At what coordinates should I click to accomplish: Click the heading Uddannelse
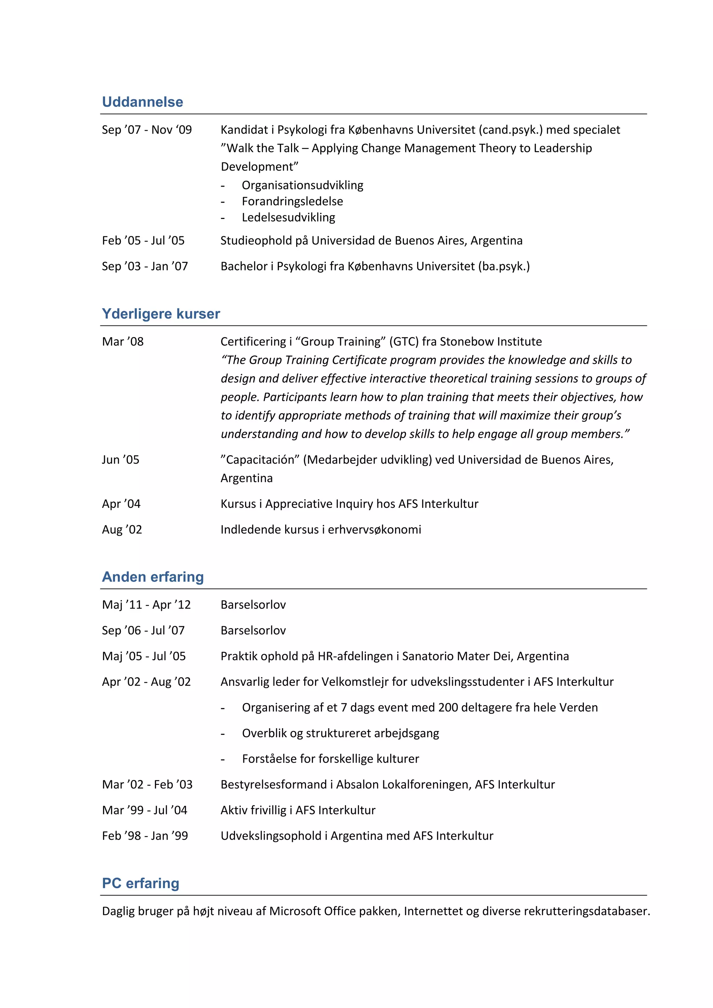(x=142, y=102)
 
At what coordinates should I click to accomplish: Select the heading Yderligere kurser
(x=161, y=314)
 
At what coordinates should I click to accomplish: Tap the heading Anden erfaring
(x=153, y=577)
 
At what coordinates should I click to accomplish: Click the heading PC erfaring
(x=141, y=883)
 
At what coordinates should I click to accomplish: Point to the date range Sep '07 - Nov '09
(x=147, y=130)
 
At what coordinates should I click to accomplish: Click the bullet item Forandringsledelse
(x=292, y=202)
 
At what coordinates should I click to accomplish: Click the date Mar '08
(x=123, y=341)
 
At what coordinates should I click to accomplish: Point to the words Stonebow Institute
(x=491, y=341)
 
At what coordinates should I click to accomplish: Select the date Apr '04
(x=121, y=504)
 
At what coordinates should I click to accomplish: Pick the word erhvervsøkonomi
(x=375, y=529)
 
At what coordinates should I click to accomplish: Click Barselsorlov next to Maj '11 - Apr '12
(x=253, y=605)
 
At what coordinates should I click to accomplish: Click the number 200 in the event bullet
(x=448, y=708)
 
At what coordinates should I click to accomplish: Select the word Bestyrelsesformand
(x=274, y=785)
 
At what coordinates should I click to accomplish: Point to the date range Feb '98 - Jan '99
(x=145, y=836)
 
